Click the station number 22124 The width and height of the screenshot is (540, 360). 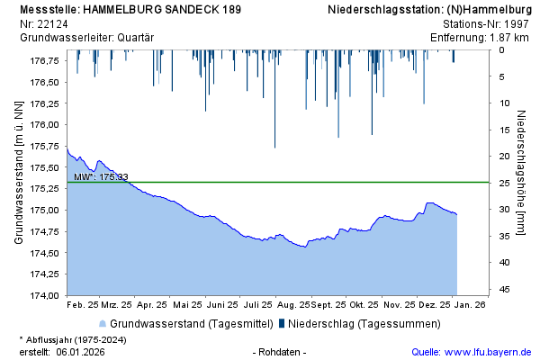click(50, 23)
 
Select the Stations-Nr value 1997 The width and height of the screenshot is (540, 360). click(515, 23)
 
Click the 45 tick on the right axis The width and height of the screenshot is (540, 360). click(505, 289)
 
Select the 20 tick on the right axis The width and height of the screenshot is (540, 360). click(505, 156)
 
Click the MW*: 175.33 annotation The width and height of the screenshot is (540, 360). click(101, 176)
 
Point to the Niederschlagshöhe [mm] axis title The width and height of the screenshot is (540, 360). click(523, 175)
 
